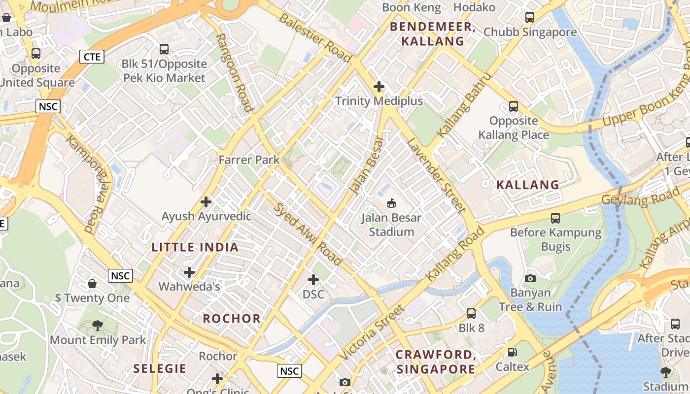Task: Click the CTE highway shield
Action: [92, 57]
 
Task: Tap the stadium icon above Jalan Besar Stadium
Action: [391, 202]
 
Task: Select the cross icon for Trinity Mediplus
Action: [379, 87]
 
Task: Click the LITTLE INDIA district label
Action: [195, 247]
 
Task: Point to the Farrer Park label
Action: [249, 160]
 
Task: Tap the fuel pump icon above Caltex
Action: [513, 352]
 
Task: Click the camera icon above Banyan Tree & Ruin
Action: [530, 278]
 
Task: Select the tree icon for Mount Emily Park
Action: [98, 325]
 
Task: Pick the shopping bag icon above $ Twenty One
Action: [92, 283]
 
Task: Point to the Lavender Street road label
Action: [436, 175]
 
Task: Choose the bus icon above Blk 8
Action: [471, 313]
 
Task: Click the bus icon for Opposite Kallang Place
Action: [514, 106]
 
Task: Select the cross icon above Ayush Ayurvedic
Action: [206, 202]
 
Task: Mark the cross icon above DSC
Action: [313, 280]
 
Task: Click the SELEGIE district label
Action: [160, 368]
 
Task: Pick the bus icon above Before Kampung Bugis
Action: [555, 218]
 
